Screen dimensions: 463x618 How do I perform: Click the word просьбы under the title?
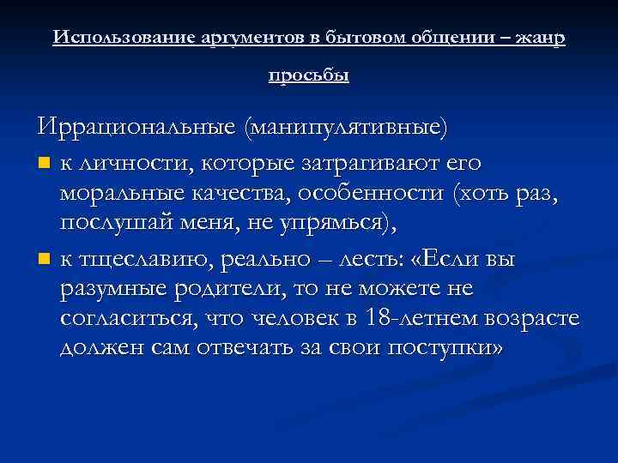(x=309, y=75)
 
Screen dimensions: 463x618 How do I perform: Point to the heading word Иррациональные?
(x=137, y=127)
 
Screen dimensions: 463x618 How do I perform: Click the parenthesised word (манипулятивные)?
(x=346, y=127)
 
